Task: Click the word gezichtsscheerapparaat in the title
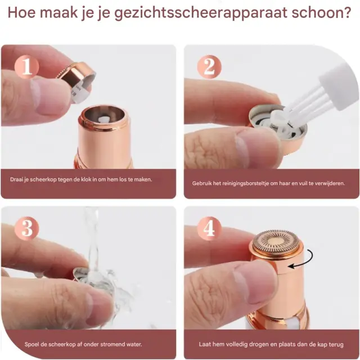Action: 201,13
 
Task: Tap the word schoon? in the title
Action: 321,12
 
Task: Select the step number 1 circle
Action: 26,67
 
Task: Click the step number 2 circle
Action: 209,67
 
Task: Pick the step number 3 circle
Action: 26,228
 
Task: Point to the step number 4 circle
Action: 209,228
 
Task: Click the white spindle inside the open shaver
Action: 105,120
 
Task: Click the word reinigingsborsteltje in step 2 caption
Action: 245,183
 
